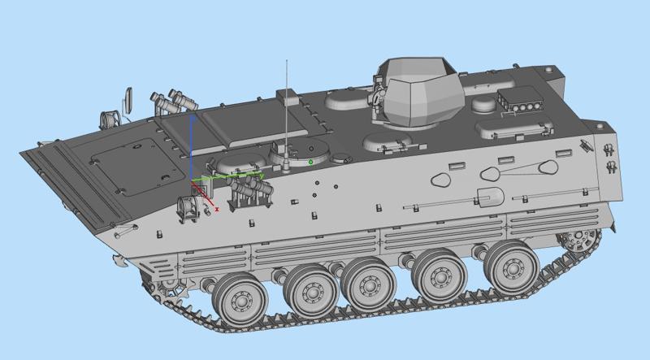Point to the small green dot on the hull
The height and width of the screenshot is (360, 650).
310,162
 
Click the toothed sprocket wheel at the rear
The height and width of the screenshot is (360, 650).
582,238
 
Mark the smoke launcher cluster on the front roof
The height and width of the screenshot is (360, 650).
173,101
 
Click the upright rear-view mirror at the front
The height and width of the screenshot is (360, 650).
126,98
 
